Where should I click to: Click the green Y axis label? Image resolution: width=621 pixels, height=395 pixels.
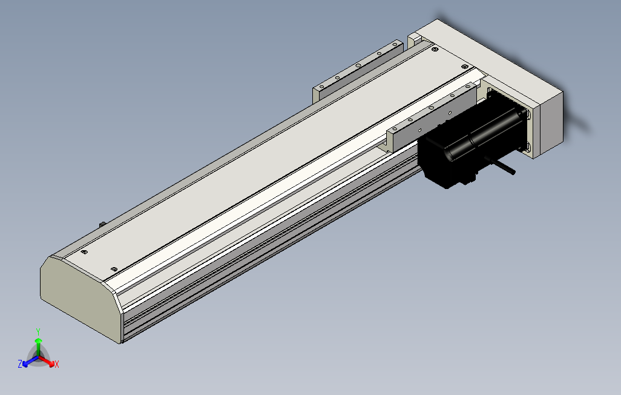[x=38, y=331]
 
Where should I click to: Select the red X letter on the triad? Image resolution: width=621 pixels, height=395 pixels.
[x=57, y=364]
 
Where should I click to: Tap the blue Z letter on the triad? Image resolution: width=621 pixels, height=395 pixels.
[x=20, y=363]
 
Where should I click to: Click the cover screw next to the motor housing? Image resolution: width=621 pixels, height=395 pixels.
[x=464, y=66]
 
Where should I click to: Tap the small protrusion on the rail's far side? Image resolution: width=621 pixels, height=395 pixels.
[x=101, y=225]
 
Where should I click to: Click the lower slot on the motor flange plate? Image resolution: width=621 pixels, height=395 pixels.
[x=526, y=146]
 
